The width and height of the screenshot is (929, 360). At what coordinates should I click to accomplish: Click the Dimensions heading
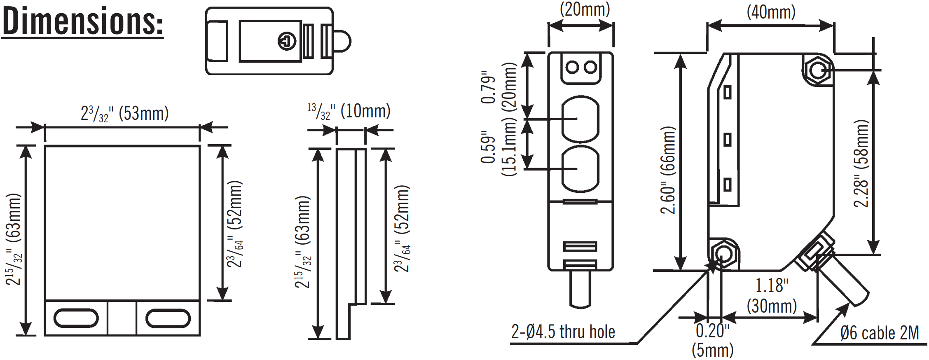tap(82, 21)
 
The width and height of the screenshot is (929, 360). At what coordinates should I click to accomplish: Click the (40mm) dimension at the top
tap(771, 12)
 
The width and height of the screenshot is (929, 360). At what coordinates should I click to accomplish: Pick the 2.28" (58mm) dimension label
tap(861, 164)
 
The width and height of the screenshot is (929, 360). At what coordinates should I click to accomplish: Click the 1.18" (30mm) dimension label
tap(772, 296)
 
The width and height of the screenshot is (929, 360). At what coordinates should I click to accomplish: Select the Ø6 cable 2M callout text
tap(879, 333)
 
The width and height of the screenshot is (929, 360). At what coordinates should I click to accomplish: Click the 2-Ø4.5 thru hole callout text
tap(563, 332)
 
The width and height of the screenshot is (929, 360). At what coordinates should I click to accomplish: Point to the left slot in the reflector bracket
tap(76, 318)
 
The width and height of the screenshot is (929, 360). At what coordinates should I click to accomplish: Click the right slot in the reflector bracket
tap(168, 318)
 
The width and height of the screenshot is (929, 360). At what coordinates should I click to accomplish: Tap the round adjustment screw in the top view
tap(287, 41)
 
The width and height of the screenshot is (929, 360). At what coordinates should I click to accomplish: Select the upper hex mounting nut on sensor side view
tap(817, 70)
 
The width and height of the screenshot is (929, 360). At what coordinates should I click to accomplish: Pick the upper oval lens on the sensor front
tap(580, 119)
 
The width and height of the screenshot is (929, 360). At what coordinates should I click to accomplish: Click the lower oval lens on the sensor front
tap(580, 169)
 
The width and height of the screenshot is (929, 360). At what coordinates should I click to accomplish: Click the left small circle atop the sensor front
tap(572, 67)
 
